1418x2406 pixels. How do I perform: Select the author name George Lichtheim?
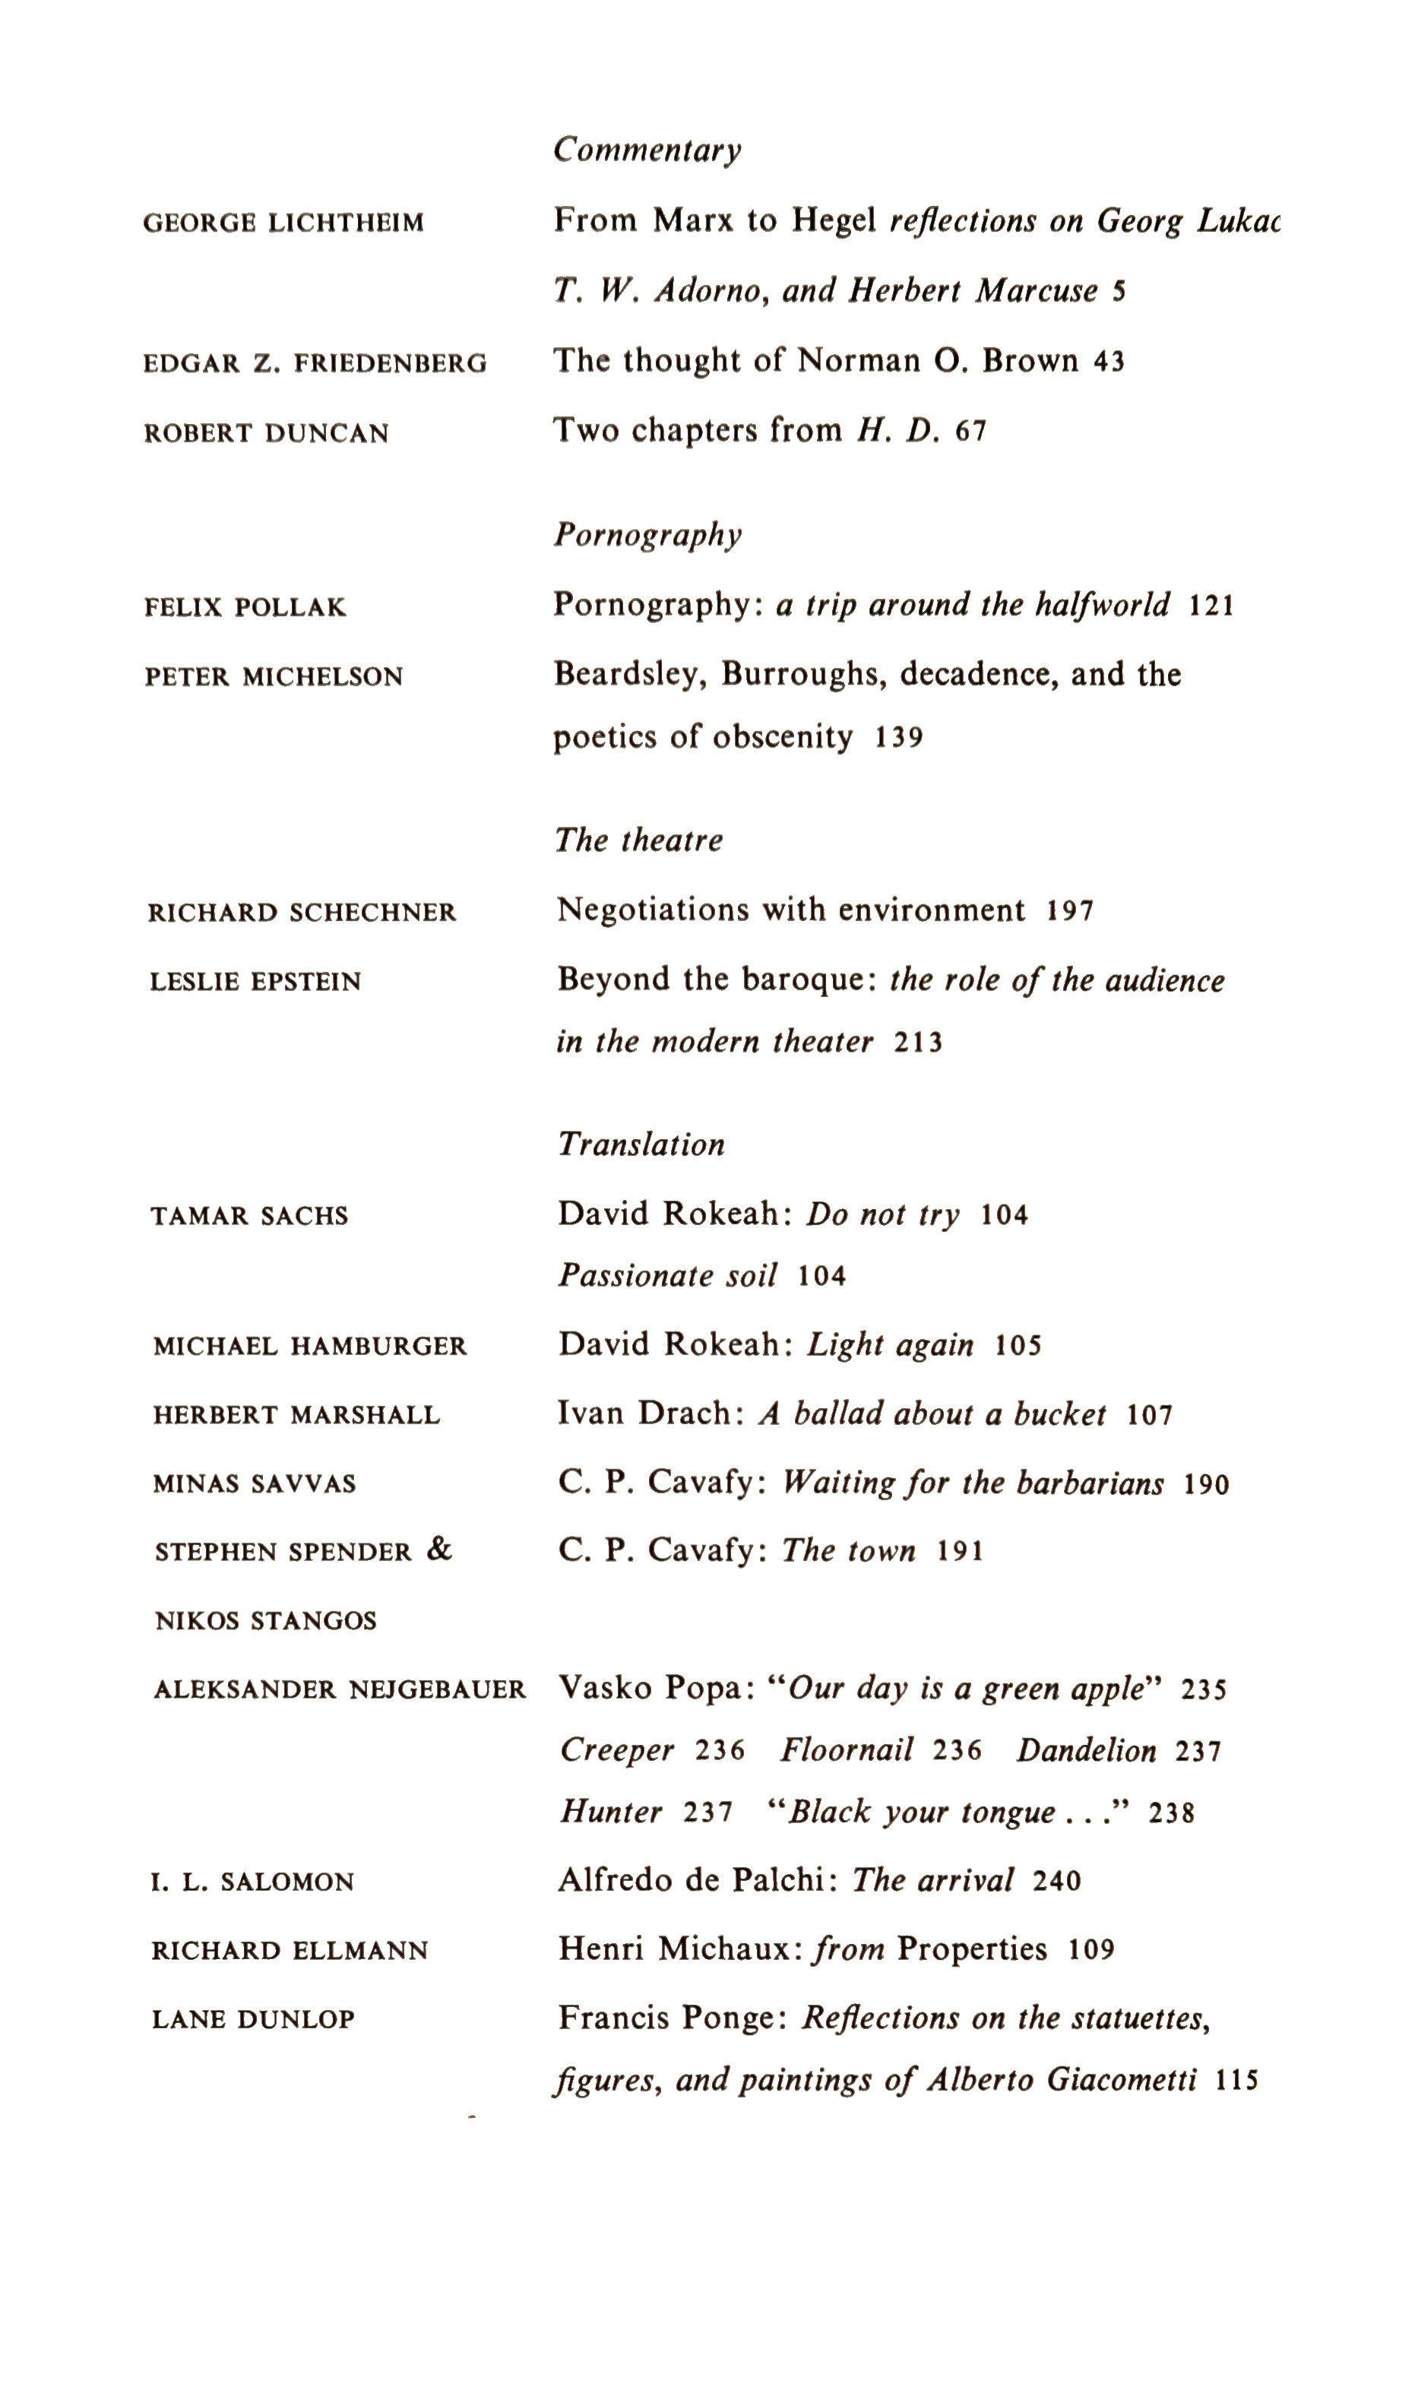point(283,223)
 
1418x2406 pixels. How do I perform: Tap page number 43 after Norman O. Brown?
point(1109,362)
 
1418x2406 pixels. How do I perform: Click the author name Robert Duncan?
point(267,434)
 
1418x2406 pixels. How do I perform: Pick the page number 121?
point(1211,606)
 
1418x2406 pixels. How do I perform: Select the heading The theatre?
point(638,841)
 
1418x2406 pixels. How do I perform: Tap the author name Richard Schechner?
point(302,913)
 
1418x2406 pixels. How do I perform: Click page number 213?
point(918,1043)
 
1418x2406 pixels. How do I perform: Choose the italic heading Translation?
point(641,1144)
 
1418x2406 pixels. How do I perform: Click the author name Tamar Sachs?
point(249,1217)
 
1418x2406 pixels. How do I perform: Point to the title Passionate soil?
point(668,1277)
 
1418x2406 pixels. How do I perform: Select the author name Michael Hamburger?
point(309,1347)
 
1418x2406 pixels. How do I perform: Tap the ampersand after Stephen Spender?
point(438,1550)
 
